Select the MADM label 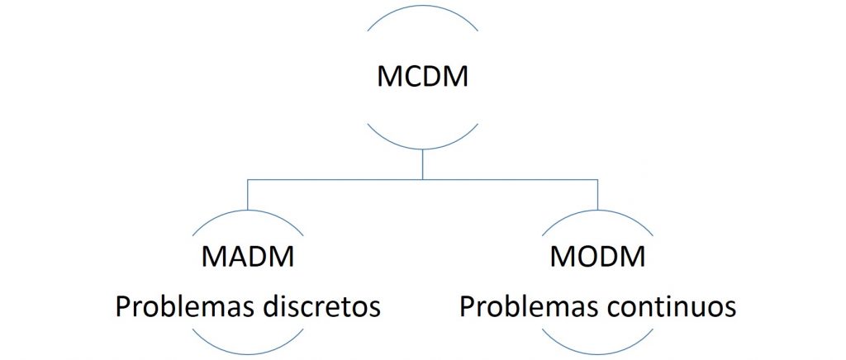pos(248,258)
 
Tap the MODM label pos(597,258)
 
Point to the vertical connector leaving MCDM pos(422,163)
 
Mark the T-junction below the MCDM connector pos(422,179)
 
